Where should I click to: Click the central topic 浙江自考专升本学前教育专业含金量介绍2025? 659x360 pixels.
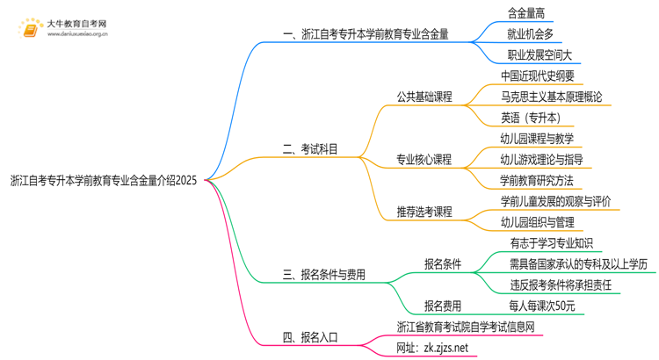[104, 181]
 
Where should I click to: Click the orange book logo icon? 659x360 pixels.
[31, 29]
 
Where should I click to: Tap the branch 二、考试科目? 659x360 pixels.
[310, 150]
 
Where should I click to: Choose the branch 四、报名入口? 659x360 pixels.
[310, 337]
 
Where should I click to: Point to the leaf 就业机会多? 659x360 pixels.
[530, 33]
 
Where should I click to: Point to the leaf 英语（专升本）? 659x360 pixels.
[530, 118]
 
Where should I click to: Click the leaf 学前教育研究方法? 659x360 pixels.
[536, 181]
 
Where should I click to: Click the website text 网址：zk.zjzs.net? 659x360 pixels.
[432, 348]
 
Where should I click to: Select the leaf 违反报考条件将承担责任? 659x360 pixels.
[561, 285]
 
